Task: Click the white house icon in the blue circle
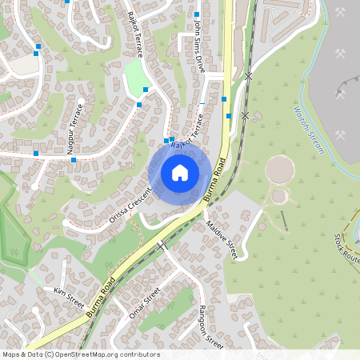click(x=180, y=173)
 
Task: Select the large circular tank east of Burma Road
click(x=279, y=169)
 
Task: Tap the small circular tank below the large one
click(x=278, y=196)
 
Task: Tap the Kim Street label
click(x=69, y=297)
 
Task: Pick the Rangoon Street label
click(x=211, y=326)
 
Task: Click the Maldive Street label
click(x=222, y=241)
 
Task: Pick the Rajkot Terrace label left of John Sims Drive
click(x=134, y=34)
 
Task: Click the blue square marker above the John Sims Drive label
click(x=197, y=14)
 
